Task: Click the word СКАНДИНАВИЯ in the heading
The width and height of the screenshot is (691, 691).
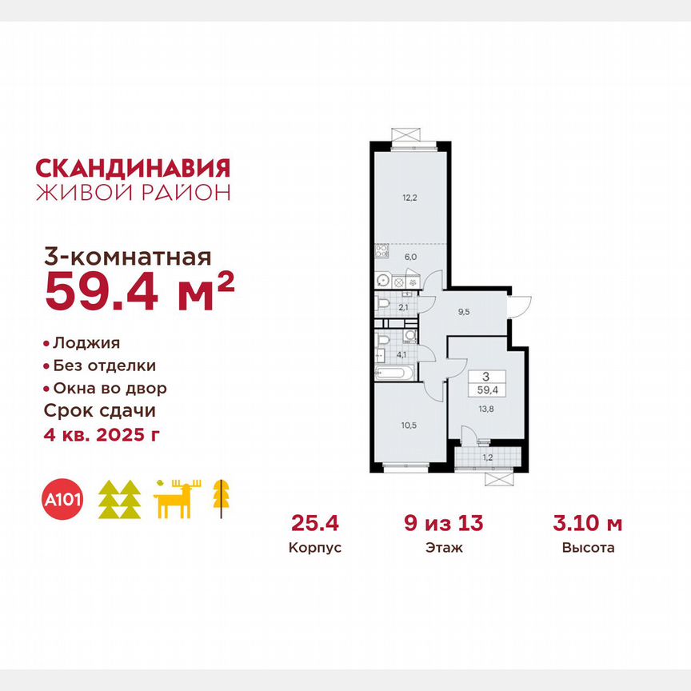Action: [134, 167]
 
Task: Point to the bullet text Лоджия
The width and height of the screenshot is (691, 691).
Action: [86, 343]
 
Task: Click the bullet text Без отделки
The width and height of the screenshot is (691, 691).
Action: [104, 365]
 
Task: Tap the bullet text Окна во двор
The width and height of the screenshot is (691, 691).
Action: [110, 389]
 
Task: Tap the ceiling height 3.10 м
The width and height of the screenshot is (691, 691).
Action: [588, 525]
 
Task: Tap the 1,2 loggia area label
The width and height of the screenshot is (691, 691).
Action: [487, 459]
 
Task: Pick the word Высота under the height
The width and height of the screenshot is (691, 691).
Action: [588, 549]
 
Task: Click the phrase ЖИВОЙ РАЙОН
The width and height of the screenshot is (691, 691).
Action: [134, 192]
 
